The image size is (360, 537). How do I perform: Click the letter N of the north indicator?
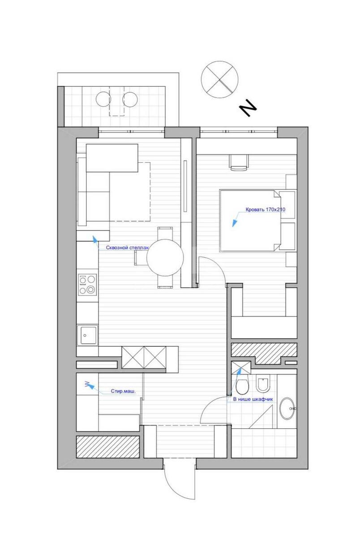[x=248, y=109]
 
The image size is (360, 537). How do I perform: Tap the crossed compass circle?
[x=219, y=79]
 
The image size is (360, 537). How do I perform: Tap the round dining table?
[x=165, y=258]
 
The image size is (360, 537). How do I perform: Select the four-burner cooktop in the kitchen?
[x=87, y=284]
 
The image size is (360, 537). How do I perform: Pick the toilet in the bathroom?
[x=243, y=385]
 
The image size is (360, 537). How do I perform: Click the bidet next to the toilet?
[x=263, y=384]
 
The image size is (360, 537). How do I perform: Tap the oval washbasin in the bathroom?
[x=287, y=409]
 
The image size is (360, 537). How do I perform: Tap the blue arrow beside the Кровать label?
[x=234, y=221]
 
